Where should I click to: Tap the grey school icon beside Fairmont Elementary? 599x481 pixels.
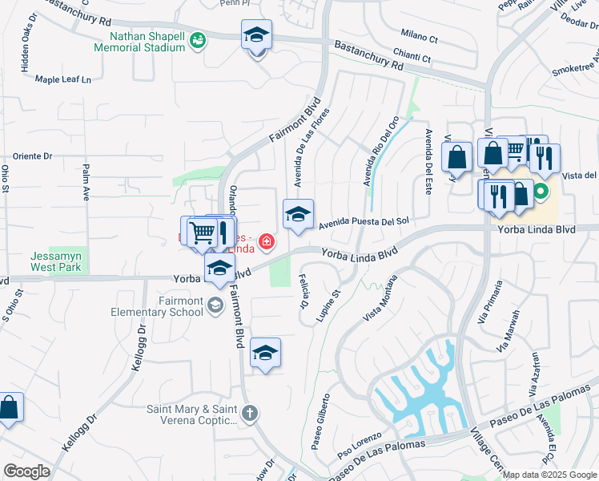215,305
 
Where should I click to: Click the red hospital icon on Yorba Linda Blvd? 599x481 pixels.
264,241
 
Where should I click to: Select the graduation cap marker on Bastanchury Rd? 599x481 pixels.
256,36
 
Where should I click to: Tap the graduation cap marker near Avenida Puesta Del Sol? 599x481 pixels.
298,215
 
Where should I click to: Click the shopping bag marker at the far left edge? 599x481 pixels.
9,408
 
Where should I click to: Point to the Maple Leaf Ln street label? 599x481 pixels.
63,79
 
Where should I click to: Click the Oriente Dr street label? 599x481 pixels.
32,156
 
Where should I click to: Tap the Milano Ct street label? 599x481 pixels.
420,38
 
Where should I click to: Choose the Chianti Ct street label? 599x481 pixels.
415,59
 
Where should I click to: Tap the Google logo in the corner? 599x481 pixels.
26,471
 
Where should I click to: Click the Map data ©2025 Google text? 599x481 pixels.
549,475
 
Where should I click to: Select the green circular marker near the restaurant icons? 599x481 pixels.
541,192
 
